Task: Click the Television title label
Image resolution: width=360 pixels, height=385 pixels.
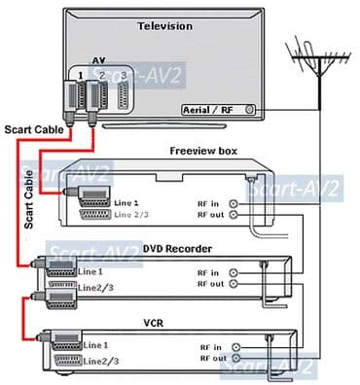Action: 166,25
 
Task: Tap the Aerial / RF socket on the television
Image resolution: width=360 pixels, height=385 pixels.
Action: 250,111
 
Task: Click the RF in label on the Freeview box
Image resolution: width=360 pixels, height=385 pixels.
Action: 211,202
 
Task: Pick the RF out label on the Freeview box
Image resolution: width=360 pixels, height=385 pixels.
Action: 212,215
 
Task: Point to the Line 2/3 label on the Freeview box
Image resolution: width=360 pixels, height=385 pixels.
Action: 132,215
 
